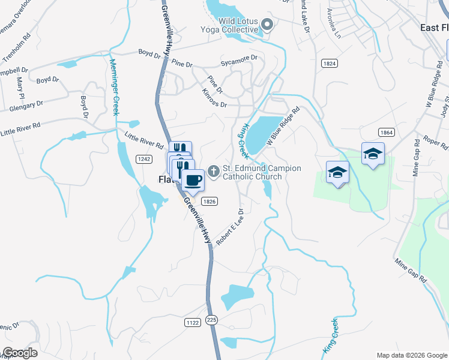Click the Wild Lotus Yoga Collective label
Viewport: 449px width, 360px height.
coord(230,26)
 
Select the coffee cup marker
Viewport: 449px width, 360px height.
coord(193,179)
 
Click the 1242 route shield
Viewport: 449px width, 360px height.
coord(143,158)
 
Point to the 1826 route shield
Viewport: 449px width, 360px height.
coord(209,202)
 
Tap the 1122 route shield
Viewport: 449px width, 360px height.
coord(193,322)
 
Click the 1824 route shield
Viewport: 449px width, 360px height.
coord(329,63)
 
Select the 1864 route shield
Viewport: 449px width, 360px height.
coord(387,132)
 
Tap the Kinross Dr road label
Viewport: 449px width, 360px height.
coord(215,98)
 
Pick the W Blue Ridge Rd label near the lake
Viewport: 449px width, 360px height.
coord(283,127)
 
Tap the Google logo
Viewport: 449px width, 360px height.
coord(20,353)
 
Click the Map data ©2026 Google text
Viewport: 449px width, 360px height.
coord(412,355)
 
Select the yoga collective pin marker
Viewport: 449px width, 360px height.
coord(268,25)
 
